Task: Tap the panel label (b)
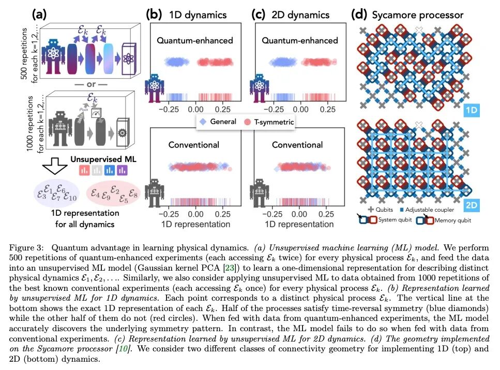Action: click(x=156, y=14)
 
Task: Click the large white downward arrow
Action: click(x=54, y=166)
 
